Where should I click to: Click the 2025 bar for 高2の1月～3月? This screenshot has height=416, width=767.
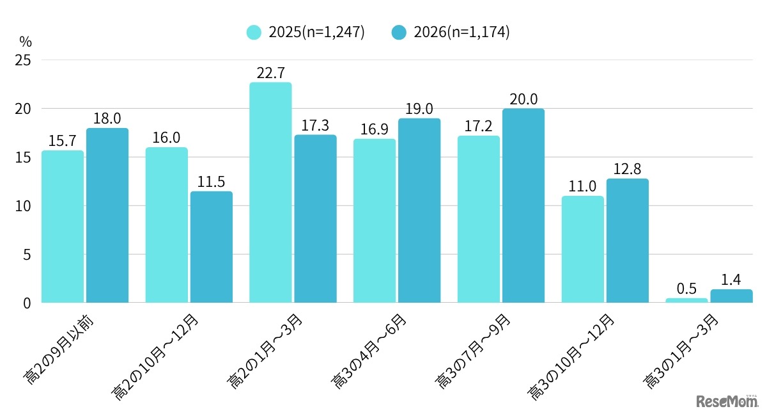(x=270, y=193)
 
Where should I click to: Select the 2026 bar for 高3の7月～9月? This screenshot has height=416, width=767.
(x=523, y=205)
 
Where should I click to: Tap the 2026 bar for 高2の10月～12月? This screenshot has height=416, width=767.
(x=212, y=247)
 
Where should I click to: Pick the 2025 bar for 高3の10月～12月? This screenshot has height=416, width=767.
(x=582, y=250)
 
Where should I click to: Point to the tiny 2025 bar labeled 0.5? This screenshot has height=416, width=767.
(x=686, y=300)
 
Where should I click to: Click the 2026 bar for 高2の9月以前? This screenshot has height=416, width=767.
(x=107, y=216)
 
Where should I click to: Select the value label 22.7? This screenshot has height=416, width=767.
(x=270, y=73)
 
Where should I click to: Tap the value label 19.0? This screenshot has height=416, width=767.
(x=419, y=109)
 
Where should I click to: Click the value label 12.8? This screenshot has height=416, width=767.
(x=627, y=169)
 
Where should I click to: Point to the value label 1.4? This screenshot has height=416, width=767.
(x=731, y=280)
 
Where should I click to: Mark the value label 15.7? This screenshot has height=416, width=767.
(x=63, y=141)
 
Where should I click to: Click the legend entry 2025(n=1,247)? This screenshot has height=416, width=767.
(x=306, y=32)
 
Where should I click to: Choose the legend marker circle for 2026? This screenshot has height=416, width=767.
(x=399, y=32)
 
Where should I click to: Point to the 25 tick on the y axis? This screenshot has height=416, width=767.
(x=23, y=60)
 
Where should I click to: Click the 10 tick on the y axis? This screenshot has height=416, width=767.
(x=23, y=206)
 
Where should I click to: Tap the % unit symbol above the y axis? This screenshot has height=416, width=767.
(x=26, y=42)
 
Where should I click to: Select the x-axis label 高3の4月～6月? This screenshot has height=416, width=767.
(x=369, y=351)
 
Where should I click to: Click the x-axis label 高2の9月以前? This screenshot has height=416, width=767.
(x=58, y=350)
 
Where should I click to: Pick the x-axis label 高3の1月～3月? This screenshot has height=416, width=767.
(x=681, y=351)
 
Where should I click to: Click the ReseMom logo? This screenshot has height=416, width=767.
(x=727, y=401)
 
